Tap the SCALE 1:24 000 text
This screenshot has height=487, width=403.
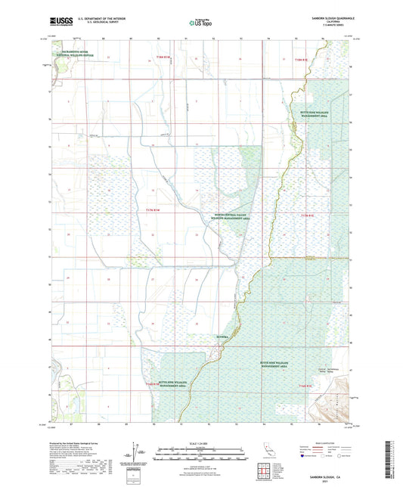(200, 442)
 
